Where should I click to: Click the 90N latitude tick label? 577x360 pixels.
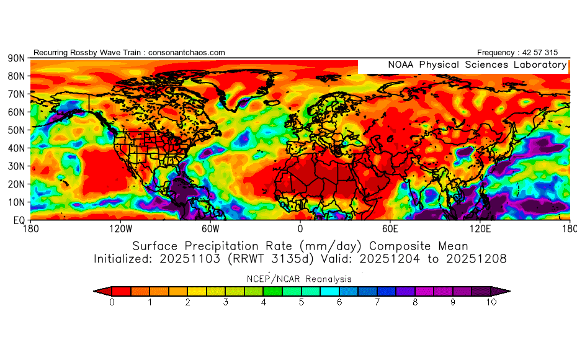[16, 58]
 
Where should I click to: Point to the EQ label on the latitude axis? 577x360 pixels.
[18, 220]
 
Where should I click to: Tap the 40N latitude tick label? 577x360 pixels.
[16, 148]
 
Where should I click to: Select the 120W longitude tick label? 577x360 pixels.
[120, 229]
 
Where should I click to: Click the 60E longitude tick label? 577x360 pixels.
[390, 229]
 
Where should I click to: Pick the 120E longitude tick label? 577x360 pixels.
[480, 229]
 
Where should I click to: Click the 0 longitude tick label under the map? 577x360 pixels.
[300, 229]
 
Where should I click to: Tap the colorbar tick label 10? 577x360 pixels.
[491, 302]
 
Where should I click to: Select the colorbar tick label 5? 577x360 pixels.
[301, 302]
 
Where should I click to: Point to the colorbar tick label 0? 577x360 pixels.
[112, 302]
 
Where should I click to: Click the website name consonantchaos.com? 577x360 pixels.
[187, 53]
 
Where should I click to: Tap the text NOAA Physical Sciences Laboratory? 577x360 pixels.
[476, 65]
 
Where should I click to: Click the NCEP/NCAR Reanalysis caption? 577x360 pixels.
[300, 279]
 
